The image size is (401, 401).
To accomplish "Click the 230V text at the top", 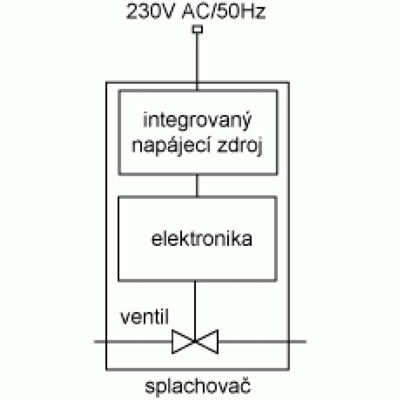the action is pyautogui.click(x=151, y=12).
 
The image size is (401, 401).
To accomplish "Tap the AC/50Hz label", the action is pyautogui.click(x=224, y=12).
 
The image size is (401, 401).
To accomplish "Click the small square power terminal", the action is pyautogui.click(x=197, y=29).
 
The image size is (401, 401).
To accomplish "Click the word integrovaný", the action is pyautogui.click(x=197, y=121).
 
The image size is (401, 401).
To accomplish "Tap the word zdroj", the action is pyautogui.click(x=240, y=146).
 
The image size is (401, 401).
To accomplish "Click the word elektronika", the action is pyautogui.click(x=202, y=239).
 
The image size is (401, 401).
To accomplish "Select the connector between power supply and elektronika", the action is pyautogui.click(x=197, y=185).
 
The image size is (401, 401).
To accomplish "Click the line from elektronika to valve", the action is pyautogui.click(x=195, y=310).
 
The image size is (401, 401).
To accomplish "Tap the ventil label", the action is pyautogui.click(x=144, y=317).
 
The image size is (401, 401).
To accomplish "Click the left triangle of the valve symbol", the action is pyautogui.click(x=182, y=342).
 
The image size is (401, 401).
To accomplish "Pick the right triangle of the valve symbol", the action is pyautogui.click(x=207, y=342).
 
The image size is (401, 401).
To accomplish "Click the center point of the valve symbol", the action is pyautogui.click(x=195, y=342).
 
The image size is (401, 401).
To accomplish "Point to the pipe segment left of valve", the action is pyautogui.click(x=133, y=342).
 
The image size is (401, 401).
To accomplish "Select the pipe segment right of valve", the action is pyautogui.click(x=262, y=342).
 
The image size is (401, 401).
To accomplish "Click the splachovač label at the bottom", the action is pyautogui.click(x=198, y=386).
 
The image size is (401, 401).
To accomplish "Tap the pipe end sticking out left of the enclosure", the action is pyautogui.click(x=100, y=342).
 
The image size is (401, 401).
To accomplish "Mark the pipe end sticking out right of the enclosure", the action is pyautogui.click(x=298, y=342).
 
